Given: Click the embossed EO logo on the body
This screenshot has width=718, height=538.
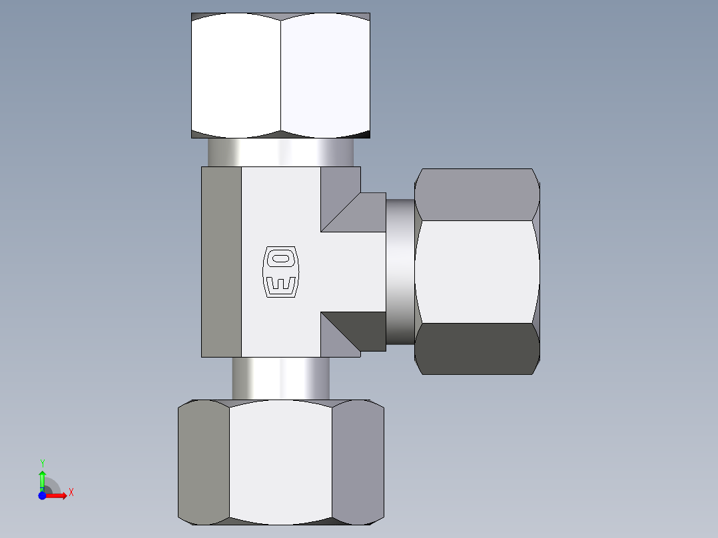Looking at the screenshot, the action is [x=280, y=272].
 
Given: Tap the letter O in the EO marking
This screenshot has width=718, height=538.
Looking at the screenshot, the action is [x=280, y=258].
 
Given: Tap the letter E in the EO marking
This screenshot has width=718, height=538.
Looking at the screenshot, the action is [x=280, y=284].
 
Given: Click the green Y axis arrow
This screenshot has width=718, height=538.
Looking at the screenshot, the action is [x=43, y=481].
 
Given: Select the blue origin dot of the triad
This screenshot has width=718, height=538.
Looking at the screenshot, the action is [x=42, y=495].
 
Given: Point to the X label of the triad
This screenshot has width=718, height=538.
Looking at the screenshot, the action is [x=71, y=493].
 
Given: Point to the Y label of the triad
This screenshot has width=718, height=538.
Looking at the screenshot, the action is [x=43, y=463].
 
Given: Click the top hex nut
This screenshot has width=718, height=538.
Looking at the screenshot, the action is [x=280, y=75].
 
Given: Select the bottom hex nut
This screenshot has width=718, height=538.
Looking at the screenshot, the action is [x=280, y=462].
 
